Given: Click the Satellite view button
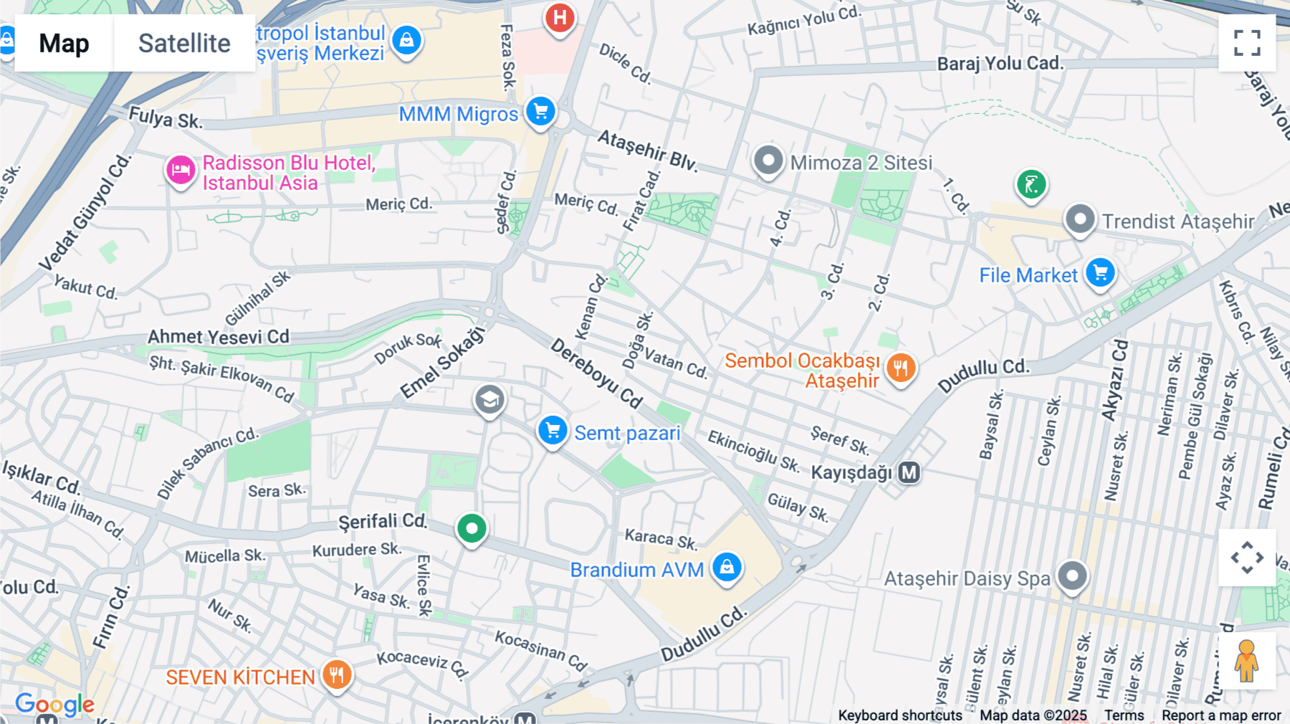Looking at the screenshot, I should tap(184, 43).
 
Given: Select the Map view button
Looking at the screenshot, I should tap(64, 43).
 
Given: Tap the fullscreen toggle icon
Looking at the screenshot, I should tap(1247, 43).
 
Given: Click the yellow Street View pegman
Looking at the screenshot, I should tap(1246, 660).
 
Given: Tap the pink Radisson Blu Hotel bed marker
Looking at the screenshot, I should tap(181, 171).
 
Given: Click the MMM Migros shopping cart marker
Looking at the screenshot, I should tap(540, 112).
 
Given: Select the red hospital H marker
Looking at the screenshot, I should tap(560, 18).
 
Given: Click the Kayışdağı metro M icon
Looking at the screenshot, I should tap(909, 472).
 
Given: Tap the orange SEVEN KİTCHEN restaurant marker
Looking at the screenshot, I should tap(337, 675).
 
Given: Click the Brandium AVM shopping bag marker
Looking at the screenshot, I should tap(727, 567).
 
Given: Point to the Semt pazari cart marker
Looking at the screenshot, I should tap(553, 431).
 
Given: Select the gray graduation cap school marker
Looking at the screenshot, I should tap(489, 399).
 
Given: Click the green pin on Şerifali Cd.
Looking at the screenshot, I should tap(472, 529).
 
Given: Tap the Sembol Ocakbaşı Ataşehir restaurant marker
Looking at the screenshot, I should tap(901, 368).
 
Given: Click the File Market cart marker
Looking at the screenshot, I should tap(1100, 273).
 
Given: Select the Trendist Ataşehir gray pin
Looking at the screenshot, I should tap(1080, 219).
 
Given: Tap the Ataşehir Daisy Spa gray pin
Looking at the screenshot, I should tap(1072, 576).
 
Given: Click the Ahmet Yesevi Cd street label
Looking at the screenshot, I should tap(218, 337).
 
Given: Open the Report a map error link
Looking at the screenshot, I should tap(1221, 715).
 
